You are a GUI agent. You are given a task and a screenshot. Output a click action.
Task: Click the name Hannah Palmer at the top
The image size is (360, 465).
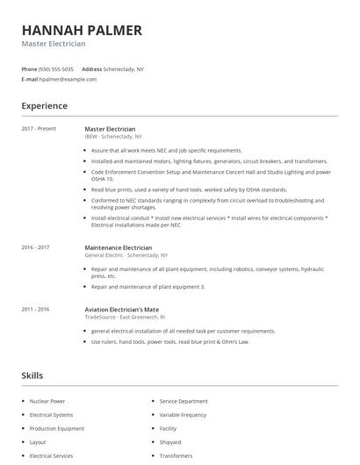click(x=81, y=30)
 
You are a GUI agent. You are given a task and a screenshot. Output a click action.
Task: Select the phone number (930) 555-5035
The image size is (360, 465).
click(x=56, y=68)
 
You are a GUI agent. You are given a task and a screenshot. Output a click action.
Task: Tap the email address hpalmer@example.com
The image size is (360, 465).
click(x=68, y=79)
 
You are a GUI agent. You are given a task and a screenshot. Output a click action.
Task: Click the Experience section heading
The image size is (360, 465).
click(x=44, y=106)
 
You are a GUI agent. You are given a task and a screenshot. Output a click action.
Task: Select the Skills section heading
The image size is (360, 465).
click(x=32, y=376)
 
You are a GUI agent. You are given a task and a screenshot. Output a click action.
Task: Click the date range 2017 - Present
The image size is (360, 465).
click(x=39, y=129)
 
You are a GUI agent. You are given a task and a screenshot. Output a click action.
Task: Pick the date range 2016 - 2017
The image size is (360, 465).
click(x=36, y=247)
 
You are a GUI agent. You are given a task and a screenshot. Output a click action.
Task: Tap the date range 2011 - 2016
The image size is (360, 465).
click(x=35, y=310)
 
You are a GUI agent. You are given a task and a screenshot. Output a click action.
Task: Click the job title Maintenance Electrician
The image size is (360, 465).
click(x=118, y=247)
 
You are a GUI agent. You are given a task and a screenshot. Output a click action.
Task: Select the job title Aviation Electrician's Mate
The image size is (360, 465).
click(x=122, y=310)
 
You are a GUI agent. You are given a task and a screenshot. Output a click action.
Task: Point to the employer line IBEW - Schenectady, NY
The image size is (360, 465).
click(x=112, y=137)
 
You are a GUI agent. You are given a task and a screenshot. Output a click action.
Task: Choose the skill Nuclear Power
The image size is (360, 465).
click(x=48, y=401)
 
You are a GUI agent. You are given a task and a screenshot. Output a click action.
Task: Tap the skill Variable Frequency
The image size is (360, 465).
click(x=183, y=415)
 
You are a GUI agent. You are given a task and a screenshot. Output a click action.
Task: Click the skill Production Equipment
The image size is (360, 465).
click(x=57, y=429)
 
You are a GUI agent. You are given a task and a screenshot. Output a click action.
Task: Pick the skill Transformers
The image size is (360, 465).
click(x=176, y=456)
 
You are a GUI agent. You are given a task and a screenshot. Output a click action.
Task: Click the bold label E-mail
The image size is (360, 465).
click(x=30, y=79)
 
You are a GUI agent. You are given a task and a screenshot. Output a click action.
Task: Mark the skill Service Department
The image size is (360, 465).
click(x=184, y=401)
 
